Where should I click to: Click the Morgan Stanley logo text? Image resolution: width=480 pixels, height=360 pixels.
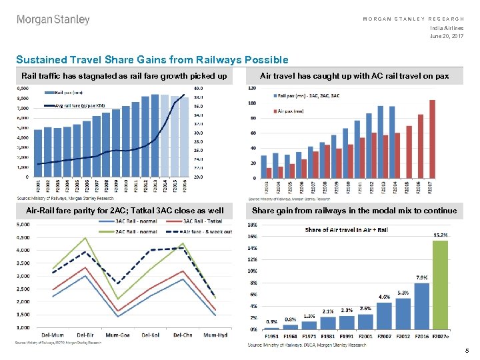pos(53,20)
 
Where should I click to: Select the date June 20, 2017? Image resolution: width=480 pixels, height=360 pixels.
pos(447,35)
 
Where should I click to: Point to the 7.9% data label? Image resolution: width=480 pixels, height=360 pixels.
pos(421,277)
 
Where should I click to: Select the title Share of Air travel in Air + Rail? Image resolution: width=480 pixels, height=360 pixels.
pos(346,230)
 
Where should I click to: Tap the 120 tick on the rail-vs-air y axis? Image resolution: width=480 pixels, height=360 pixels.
pos(252,87)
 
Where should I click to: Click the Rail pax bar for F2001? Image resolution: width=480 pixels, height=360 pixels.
pos(38,153)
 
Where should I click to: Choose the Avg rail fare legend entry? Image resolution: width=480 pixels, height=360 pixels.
pos(77,106)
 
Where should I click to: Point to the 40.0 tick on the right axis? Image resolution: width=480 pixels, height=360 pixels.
pos(198,87)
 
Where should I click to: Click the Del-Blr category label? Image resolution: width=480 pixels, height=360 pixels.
pos(85,335)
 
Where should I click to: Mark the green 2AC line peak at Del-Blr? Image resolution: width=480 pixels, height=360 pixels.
pos(85,238)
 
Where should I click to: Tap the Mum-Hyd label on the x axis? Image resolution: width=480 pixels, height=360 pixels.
pos(215,335)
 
